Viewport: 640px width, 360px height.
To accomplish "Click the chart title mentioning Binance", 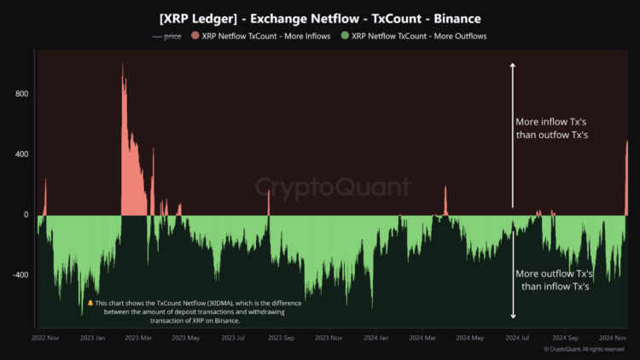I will click(319, 17).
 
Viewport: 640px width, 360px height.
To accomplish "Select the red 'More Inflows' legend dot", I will click(195, 36).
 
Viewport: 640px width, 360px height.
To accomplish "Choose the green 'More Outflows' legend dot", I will click(345, 36).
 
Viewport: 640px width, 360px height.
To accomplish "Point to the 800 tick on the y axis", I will click(20, 93).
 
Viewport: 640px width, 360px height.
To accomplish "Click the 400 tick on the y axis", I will click(20, 154).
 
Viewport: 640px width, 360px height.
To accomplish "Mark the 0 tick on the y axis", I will click(26, 215).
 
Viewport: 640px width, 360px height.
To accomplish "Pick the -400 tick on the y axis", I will click(19, 275).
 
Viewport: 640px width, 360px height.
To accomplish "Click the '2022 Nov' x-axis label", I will click(45, 338).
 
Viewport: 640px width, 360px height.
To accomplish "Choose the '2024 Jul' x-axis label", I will click(516, 338).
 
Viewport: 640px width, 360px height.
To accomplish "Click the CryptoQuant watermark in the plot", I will click(319, 186).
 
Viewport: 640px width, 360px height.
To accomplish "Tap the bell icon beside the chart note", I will click(90, 303).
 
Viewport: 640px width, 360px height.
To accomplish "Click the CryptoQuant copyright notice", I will click(586, 350).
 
